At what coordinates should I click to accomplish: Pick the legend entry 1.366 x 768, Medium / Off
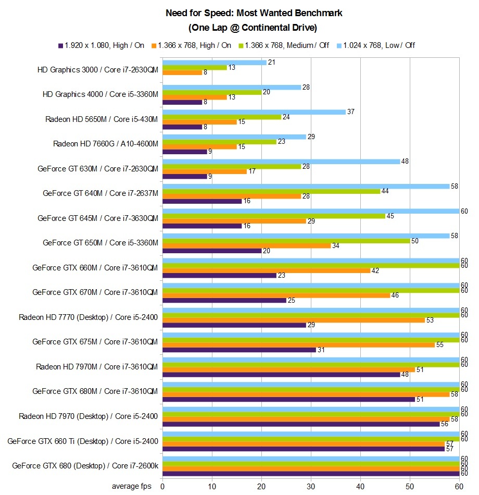[287, 45]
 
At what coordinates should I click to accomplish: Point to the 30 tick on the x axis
[311, 486]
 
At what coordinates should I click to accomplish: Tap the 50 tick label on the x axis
[410, 486]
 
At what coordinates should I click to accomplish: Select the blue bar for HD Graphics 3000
[215, 63]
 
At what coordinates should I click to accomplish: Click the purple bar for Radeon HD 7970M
[281, 374]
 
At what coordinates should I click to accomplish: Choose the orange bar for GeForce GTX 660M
[267, 270]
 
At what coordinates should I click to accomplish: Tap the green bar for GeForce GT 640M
[271, 191]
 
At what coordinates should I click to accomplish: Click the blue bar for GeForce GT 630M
[281, 162]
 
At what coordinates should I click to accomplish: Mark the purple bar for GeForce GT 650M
[212, 251]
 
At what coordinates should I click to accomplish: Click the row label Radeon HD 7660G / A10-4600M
[105, 144]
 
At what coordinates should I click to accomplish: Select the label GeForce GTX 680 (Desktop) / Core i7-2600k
[85, 466]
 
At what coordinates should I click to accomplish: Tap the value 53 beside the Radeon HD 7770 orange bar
[430, 320]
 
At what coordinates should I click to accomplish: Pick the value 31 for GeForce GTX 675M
[321, 350]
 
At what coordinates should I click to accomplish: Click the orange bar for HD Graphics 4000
[195, 97]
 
